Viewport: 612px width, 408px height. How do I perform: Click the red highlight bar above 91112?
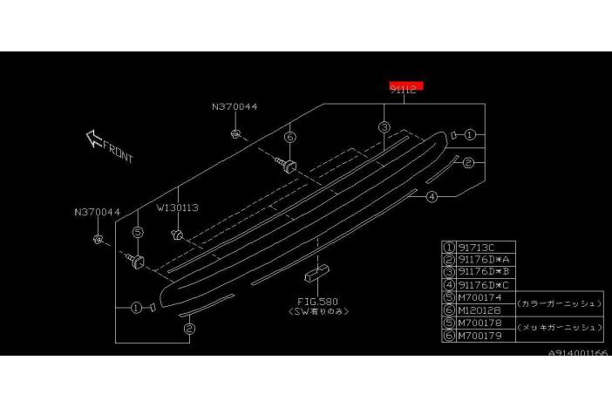pos(406,85)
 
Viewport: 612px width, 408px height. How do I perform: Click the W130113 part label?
pos(178,208)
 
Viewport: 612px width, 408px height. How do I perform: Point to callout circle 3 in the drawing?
pos(383,128)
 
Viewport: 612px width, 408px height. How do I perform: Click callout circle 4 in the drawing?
pos(432,198)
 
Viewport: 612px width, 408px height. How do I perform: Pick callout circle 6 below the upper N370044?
pos(289,137)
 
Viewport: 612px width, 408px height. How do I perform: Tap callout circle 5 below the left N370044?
pos(137,233)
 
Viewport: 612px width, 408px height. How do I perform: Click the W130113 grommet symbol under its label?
pos(178,234)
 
